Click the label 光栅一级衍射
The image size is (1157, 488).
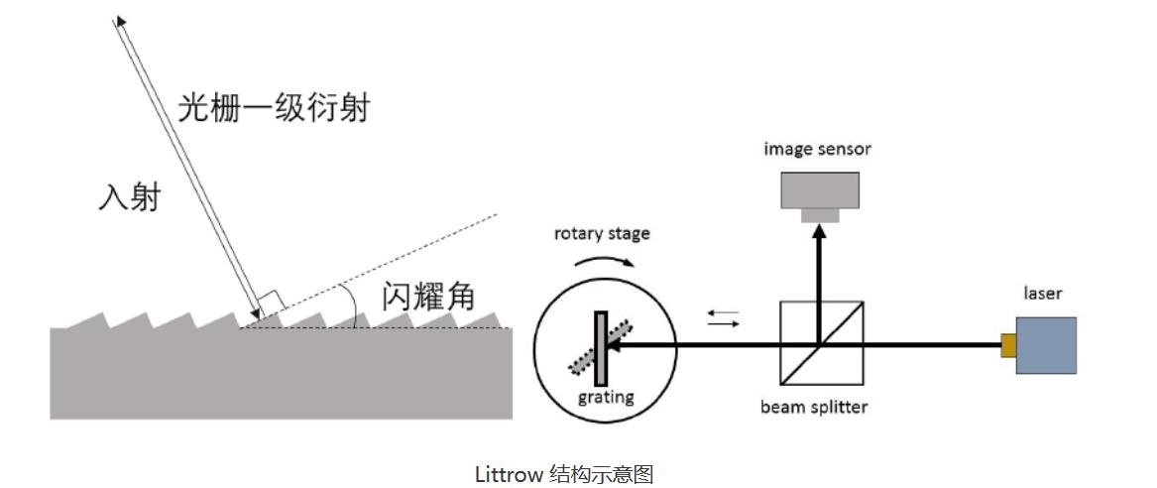[274, 107]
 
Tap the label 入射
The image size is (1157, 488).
[129, 198]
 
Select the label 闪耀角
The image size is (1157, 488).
[429, 296]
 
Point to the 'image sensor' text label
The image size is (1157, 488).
[817, 150]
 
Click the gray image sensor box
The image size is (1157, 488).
[819, 190]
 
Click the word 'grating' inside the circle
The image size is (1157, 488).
[606, 398]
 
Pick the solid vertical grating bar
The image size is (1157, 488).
[600, 347]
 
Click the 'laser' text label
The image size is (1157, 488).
[1043, 294]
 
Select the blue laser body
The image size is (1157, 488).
[1045, 345]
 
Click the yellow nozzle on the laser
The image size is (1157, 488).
[1007, 345]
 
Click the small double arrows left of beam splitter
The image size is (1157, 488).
[724, 318]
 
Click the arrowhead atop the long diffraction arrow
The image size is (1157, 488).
[118, 21]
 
